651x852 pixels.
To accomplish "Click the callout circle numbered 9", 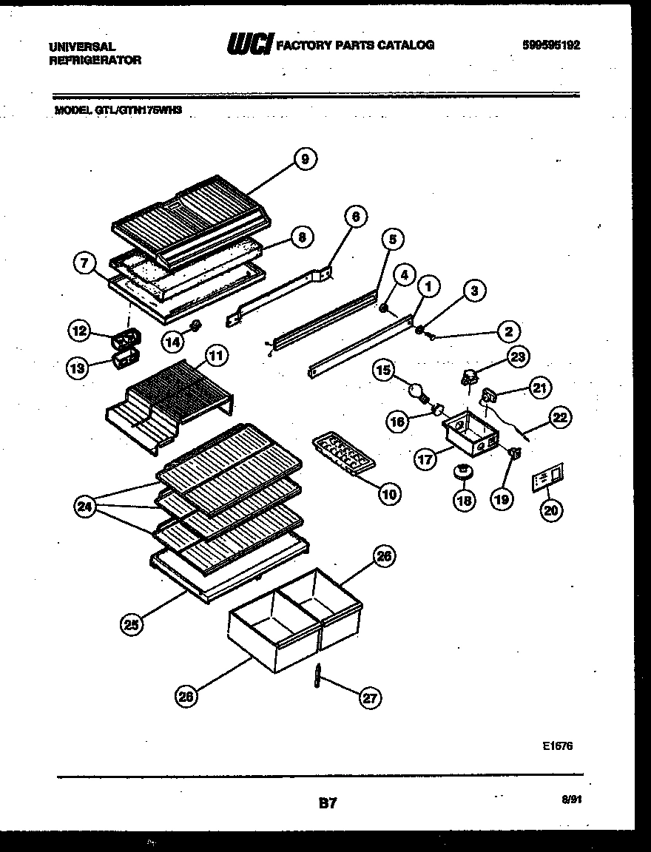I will point(305,158).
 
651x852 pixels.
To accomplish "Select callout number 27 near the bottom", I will point(368,697).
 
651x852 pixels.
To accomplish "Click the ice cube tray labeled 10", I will point(344,456).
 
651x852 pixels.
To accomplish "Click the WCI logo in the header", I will point(250,44).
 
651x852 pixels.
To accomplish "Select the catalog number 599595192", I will point(550,44).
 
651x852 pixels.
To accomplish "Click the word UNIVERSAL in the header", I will point(81,46).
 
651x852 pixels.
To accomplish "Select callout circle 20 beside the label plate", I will point(551,510).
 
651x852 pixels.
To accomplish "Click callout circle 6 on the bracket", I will point(355,216).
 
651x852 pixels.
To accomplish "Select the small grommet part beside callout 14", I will point(195,325).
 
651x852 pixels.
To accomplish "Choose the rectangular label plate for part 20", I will point(547,478).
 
